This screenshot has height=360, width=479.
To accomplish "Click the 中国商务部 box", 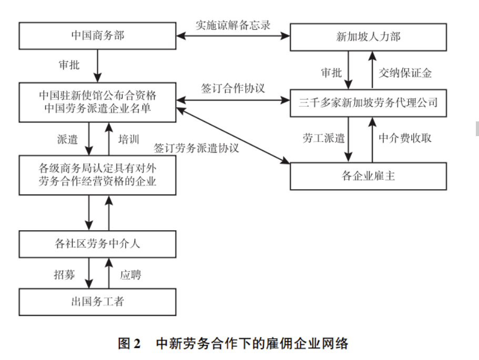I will click(97, 36).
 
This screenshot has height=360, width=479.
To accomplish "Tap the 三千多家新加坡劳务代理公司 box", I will click(368, 101).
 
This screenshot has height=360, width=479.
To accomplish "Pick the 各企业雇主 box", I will click(368, 176).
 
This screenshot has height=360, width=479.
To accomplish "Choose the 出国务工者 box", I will click(97, 302).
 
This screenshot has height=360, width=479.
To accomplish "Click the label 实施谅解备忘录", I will click(233, 25).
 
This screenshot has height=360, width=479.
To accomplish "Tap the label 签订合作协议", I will click(233, 89).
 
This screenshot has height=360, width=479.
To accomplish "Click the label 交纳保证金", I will click(405, 73).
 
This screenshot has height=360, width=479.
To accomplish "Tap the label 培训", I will click(128, 139).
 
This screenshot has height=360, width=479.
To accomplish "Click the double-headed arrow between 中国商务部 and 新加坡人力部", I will click(233, 36).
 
